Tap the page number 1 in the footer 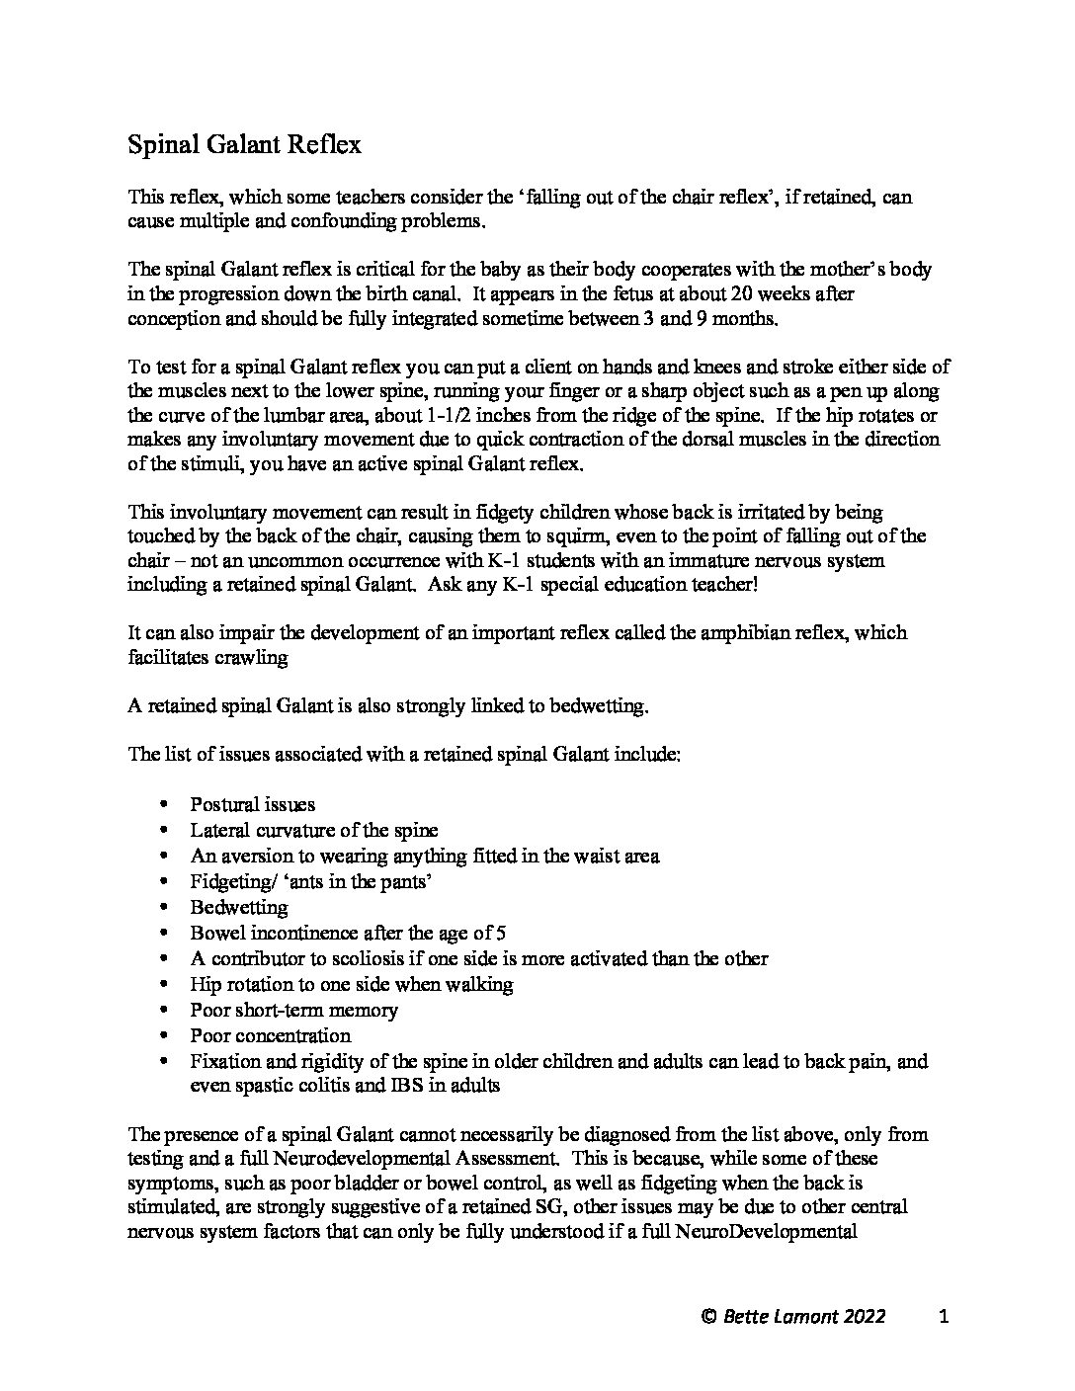click(944, 1316)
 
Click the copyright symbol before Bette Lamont click(707, 1316)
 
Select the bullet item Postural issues click(253, 804)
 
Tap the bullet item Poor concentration click(270, 1035)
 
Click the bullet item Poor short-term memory click(293, 1010)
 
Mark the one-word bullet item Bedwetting click(239, 907)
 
